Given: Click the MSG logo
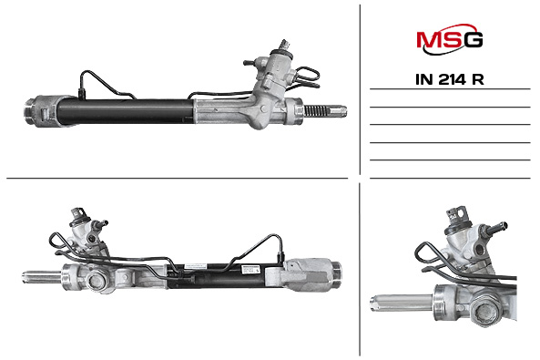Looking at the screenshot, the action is point(450,39).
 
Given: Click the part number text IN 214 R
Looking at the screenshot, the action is point(450,79).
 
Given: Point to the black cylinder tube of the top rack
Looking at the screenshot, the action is point(125,111).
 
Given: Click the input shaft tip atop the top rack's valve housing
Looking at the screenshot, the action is point(285,45).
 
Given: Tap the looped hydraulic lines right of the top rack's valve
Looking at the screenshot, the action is point(307,78).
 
